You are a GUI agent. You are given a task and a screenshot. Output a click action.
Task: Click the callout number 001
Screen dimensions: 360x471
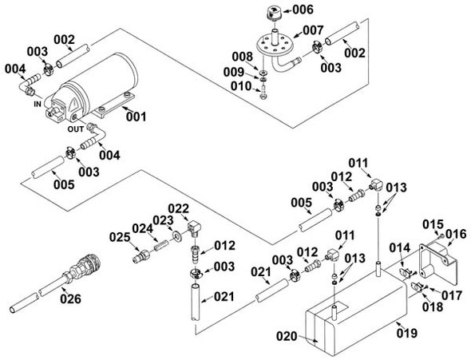click(137, 117)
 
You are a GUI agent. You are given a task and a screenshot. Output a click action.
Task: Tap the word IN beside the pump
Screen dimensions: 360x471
click(37, 103)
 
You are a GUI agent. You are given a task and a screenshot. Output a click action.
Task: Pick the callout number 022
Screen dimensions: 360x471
click(178, 208)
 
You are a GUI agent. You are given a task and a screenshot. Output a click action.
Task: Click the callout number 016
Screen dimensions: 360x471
click(456, 234)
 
